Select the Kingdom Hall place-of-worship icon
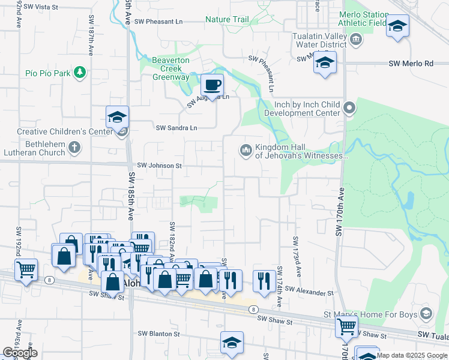(245, 150)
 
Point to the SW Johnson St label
(159, 165)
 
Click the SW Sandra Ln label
(176, 128)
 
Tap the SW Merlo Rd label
(411, 63)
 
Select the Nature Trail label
(227, 20)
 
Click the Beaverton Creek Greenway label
(170, 69)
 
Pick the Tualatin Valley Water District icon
(356, 40)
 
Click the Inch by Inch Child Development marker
(350, 109)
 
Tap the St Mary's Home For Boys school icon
(426, 313)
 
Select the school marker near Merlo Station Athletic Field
(397, 26)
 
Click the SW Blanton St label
(159, 334)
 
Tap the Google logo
(20, 353)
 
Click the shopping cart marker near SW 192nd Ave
(26, 270)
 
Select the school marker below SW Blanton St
(232, 343)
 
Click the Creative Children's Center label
(58, 131)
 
